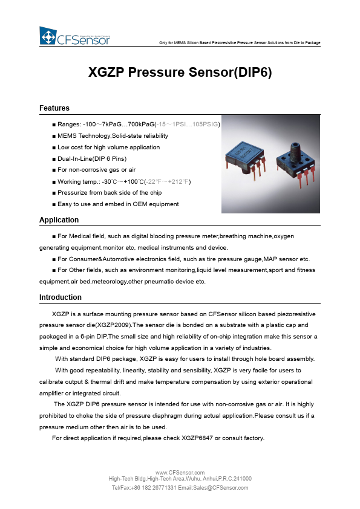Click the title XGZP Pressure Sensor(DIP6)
click(180, 73)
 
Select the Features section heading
click(54, 108)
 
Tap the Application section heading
click(59, 220)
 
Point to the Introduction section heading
click(60, 297)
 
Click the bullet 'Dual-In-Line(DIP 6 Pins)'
click(91, 158)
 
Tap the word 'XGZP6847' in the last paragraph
click(202, 438)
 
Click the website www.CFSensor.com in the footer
click(180, 472)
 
